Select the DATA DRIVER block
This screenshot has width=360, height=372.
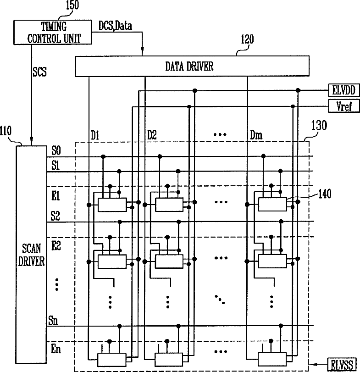point(189,66)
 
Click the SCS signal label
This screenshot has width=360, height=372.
point(40,72)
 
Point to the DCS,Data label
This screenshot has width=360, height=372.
point(115,26)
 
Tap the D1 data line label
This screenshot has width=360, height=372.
point(95,136)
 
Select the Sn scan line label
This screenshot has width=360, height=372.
point(54,320)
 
